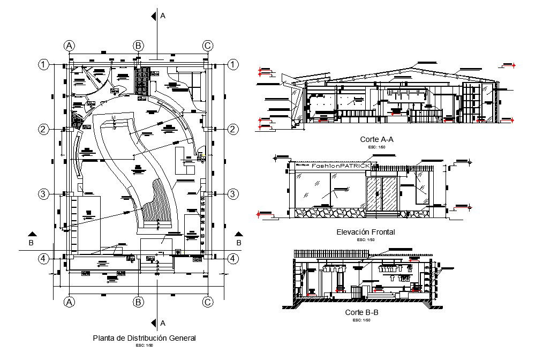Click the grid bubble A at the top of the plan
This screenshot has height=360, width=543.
pos(69,46)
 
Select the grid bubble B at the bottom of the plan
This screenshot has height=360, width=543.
pos(138,302)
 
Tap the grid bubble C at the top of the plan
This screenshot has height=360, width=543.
pos(208,46)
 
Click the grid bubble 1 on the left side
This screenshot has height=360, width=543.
pos(43,65)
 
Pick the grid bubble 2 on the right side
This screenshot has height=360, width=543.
pos(233,129)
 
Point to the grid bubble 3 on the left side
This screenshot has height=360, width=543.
pos(43,194)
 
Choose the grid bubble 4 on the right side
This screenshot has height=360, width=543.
pos(233,259)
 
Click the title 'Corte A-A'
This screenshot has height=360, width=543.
pos(378,139)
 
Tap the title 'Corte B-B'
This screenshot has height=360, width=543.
pos(362,312)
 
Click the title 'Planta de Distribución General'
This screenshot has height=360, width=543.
pos(145,338)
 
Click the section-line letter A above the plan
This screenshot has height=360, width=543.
pos(163,16)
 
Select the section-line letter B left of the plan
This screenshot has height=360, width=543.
pos(31,243)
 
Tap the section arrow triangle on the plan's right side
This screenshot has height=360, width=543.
pos(238,234)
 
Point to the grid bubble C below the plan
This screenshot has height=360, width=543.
pos(208,302)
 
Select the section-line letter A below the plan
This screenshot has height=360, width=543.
pos(163,323)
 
